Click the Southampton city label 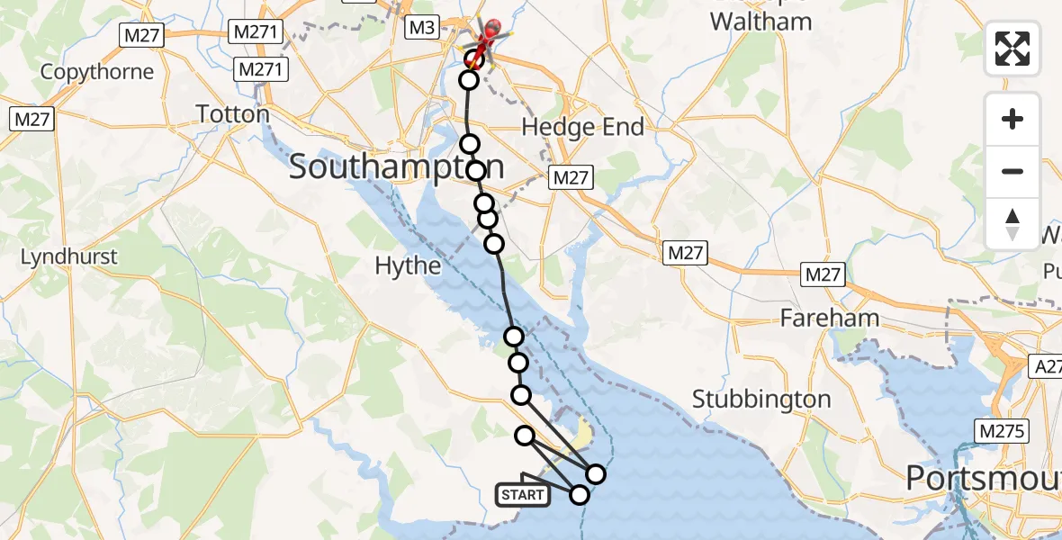[x=396, y=168]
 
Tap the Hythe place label [x=409, y=265]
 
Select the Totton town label [x=233, y=114]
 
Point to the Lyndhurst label [x=69, y=256]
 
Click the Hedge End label [x=583, y=127]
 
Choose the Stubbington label [x=762, y=399]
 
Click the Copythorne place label [x=97, y=71]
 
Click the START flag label [x=523, y=495]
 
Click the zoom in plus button [x=1012, y=119]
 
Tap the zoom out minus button [x=1012, y=171]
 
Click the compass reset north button [x=1012, y=223]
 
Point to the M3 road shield [x=421, y=28]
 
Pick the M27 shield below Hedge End [x=571, y=178]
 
